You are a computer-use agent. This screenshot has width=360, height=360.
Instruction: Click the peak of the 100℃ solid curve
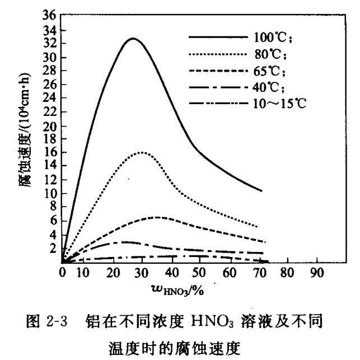132,39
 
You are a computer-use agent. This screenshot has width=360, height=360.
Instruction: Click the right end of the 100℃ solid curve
261,191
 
